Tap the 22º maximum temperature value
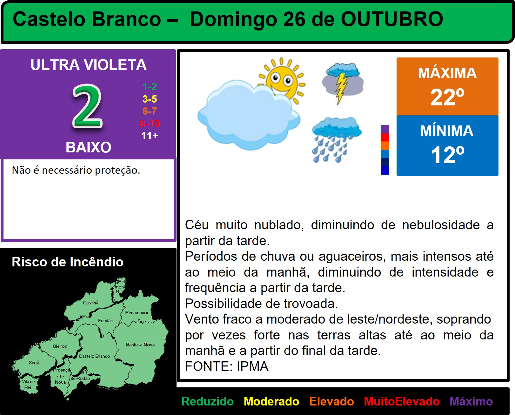[x=447, y=97]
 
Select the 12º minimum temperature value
[x=447, y=155]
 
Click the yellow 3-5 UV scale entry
[x=150, y=99]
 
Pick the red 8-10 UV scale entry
[x=150, y=124]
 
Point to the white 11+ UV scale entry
[x=150, y=136]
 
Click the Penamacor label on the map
[x=137, y=312]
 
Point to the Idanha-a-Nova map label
[x=140, y=345]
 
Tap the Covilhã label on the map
[x=91, y=303]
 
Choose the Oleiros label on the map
[x=60, y=346]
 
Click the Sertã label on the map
[x=34, y=362]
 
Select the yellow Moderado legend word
[x=271, y=401]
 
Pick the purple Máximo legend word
[x=471, y=401]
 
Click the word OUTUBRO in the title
[x=392, y=19]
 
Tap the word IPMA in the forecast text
[x=252, y=366]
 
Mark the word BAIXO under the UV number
[x=88, y=147]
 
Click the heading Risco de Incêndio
[x=68, y=262]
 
